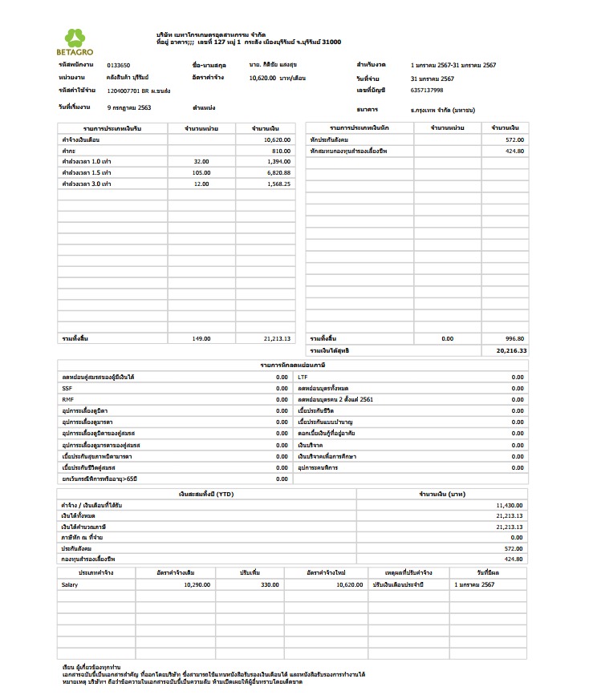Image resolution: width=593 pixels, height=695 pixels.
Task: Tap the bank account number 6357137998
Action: (x=426, y=91)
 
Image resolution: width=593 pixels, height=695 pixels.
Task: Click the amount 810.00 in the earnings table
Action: (x=280, y=150)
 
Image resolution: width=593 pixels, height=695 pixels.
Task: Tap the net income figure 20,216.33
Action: (x=511, y=350)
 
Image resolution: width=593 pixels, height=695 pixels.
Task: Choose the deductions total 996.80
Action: (x=514, y=338)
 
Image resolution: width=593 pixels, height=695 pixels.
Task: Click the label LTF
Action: (x=303, y=377)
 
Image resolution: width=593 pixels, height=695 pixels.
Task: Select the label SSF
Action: (x=67, y=388)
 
